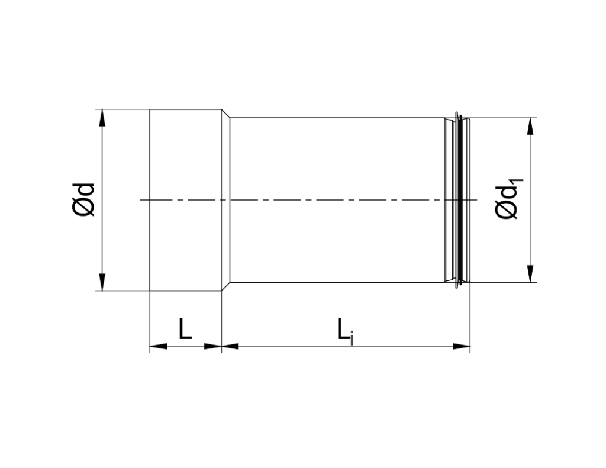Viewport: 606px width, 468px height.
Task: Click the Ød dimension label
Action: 83,199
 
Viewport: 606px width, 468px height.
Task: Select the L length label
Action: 185,329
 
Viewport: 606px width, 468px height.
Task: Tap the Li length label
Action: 344,331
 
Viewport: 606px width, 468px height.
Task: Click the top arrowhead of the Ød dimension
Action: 103,118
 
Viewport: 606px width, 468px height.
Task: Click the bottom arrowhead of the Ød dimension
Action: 103,282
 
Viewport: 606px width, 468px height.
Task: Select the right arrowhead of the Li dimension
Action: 461,346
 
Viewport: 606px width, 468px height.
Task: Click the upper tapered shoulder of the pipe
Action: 225,114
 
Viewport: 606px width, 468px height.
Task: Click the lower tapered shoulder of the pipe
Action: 225,287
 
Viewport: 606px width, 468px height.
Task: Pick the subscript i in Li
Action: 352,338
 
